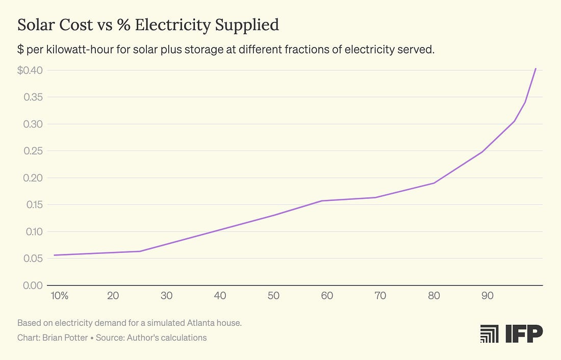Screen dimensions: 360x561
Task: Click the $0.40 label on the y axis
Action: (x=30, y=70)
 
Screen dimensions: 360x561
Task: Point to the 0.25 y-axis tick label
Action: (x=33, y=151)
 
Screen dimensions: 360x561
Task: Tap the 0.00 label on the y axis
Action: (x=33, y=285)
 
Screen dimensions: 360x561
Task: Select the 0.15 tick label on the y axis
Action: (x=33, y=205)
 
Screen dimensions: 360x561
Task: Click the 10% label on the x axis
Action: (x=60, y=296)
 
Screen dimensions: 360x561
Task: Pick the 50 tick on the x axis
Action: (x=273, y=296)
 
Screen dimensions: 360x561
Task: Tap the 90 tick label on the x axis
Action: (x=487, y=296)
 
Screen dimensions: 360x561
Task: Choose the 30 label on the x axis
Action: (x=166, y=296)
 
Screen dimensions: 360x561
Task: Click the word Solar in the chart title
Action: (x=35, y=25)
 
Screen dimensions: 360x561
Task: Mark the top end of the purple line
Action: (x=535, y=68)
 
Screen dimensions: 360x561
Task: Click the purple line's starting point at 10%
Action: (x=54, y=255)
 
